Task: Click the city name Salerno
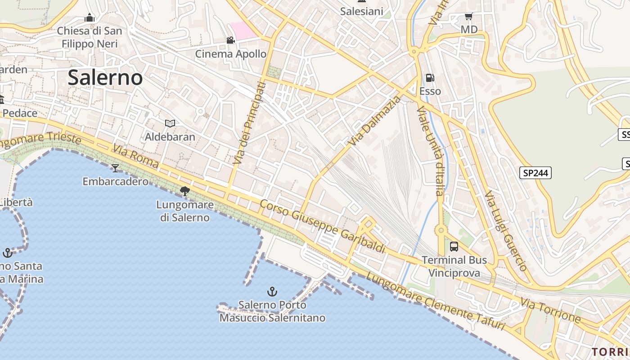(105, 78)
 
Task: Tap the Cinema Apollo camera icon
(230, 40)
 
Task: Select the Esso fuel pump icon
(430, 78)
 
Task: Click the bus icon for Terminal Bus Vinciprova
(454, 247)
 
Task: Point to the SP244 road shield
(535, 173)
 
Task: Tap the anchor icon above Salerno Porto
(272, 292)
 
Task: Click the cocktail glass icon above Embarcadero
(115, 168)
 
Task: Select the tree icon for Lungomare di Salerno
(184, 191)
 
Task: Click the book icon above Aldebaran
(170, 123)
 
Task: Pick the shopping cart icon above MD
(468, 17)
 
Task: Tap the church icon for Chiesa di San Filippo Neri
(90, 18)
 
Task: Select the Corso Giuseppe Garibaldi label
(323, 226)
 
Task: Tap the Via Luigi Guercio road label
(506, 231)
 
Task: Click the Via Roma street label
(135, 156)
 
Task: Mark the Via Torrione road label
(551, 310)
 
